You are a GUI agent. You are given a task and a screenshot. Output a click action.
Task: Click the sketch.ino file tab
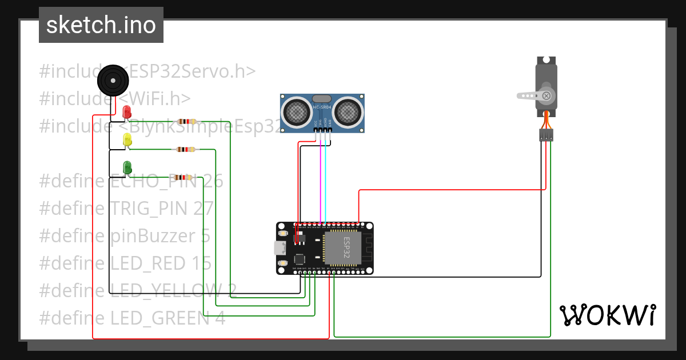click(x=101, y=25)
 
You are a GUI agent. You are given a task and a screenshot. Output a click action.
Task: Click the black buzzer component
click(x=111, y=81)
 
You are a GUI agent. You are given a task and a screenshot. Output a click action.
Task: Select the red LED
click(x=127, y=112)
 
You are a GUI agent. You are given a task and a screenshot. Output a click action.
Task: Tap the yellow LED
click(x=127, y=139)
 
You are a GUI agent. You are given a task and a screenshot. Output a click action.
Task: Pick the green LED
click(x=127, y=167)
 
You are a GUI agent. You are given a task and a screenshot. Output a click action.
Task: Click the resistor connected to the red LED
click(x=187, y=121)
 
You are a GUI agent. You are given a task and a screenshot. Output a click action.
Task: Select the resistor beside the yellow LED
click(x=186, y=150)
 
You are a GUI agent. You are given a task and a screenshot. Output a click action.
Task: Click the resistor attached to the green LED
click(x=182, y=178)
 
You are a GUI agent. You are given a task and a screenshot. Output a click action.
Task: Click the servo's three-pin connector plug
click(x=546, y=135)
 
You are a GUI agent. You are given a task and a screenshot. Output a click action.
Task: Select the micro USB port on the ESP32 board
click(x=280, y=249)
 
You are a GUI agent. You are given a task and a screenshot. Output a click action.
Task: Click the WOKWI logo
click(x=607, y=315)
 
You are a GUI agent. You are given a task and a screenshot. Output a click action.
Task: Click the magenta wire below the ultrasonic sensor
click(x=320, y=183)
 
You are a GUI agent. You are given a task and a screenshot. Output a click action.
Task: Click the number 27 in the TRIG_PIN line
click(x=204, y=209)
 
